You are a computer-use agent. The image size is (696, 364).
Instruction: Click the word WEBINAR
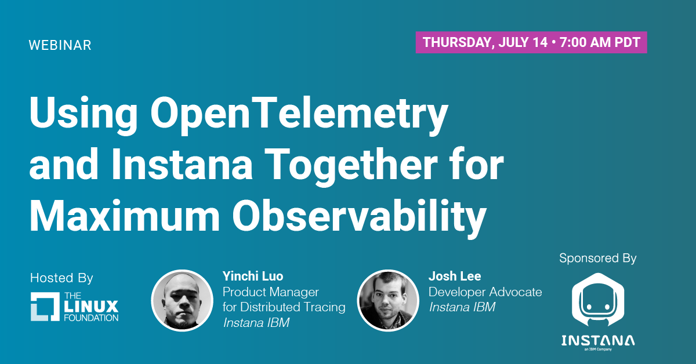60,45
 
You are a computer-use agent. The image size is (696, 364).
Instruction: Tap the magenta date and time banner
531,42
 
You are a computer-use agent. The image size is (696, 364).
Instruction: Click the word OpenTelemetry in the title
299,114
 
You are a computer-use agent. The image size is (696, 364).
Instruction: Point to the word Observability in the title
360,217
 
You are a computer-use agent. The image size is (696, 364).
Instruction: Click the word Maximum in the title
125,216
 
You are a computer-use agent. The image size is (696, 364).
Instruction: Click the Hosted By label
61,278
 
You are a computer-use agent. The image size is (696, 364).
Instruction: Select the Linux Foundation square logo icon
45,307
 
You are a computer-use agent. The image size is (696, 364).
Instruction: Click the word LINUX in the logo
91,307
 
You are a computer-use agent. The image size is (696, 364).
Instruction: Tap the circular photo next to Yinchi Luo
182,300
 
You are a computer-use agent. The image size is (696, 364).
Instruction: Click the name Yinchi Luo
253,276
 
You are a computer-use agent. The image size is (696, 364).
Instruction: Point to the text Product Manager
271,292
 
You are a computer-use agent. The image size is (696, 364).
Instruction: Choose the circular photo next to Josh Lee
388,300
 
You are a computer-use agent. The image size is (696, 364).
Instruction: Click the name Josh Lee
455,276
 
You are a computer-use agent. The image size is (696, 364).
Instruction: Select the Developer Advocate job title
485,292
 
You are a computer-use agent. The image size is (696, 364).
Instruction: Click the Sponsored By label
598,259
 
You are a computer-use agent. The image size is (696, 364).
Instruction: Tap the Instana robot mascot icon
598,300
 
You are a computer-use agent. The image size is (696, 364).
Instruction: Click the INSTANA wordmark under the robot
598,341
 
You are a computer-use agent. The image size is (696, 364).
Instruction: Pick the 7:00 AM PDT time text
600,42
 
